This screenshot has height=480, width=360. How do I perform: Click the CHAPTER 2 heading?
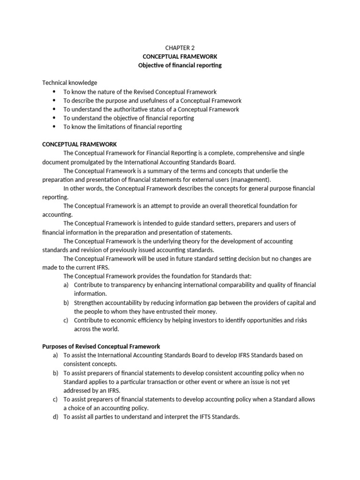[180, 47]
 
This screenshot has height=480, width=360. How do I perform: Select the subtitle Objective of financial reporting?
[180, 65]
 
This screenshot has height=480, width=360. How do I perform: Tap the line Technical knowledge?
[70, 82]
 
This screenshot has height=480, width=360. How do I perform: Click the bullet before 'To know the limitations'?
[54, 127]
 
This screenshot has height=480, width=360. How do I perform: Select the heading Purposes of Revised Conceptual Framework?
[101, 346]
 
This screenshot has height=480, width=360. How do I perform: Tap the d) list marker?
[55, 417]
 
